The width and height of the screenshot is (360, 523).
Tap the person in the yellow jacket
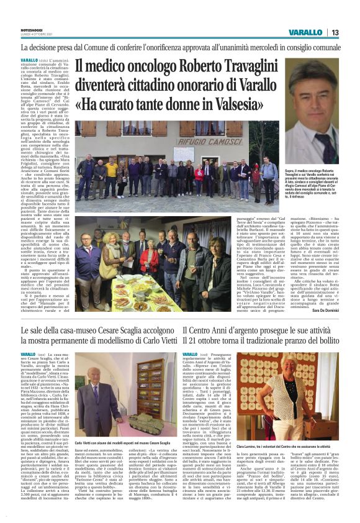[x=112, y=174]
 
